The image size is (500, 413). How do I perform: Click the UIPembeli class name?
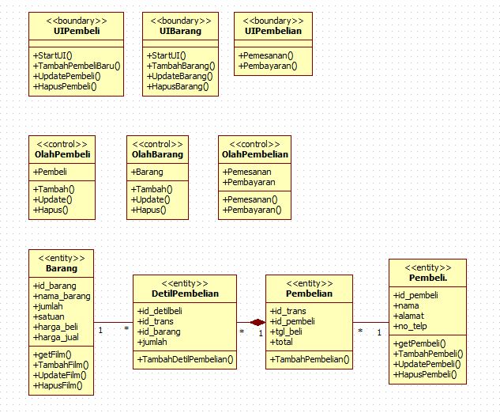tap(77, 31)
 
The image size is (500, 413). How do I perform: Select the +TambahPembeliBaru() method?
tap(77, 65)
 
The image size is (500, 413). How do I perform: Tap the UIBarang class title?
tap(179, 31)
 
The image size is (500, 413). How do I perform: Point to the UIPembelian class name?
tap(273, 31)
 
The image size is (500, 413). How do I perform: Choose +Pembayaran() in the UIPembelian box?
tap(268, 66)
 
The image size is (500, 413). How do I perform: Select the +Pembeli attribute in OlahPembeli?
tap(50, 172)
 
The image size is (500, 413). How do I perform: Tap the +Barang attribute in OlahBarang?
tap(147, 172)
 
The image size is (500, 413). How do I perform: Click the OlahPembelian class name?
tap(255, 154)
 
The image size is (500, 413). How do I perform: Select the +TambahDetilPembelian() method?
tap(186, 359)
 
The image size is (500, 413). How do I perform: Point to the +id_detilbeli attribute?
tap(160, 310)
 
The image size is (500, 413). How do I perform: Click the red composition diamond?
tap(258, 323)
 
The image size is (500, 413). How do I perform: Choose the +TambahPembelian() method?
tap(310, 359)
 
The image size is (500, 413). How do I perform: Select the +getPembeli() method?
tap(419, 343)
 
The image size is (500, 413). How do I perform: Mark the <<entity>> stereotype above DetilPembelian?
tap(185, 282)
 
